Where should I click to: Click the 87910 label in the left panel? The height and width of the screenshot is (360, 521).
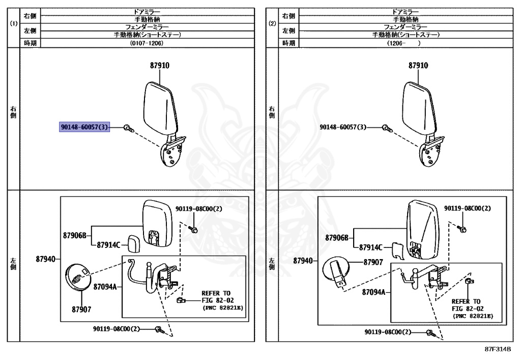tap(159, 66)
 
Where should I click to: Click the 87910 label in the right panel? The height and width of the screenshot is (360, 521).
tap(418, 66)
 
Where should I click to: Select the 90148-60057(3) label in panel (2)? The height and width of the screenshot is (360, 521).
tap(343, 127)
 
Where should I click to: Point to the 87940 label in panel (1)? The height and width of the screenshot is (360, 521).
tap(45, 259)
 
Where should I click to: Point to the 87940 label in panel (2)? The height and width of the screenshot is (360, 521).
tap(303, 261)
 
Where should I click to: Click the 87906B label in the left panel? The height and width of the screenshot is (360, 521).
tap(75, 235)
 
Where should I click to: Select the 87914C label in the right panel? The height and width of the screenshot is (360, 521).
tap(370, 247)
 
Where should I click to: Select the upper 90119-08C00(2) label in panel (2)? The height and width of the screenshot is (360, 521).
tap(468, 208)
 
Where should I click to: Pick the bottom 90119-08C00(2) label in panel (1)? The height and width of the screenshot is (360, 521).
tap(117, 328)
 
